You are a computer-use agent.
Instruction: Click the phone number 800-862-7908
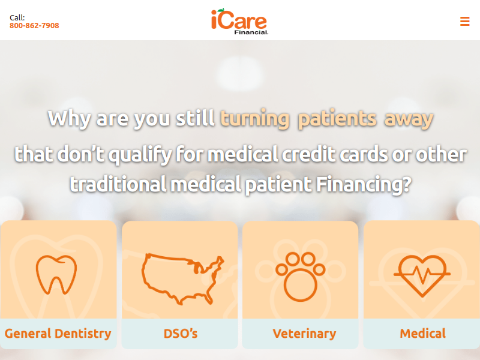coord(34,25)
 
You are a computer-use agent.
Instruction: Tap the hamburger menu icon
coord(464,22)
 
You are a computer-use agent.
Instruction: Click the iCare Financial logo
coord(239,22)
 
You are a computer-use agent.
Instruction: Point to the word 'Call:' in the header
coord(17,17)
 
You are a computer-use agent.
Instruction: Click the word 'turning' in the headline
coord(254,119)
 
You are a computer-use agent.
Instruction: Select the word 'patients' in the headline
coord(337,119)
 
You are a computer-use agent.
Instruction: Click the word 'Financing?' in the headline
coord(364,185)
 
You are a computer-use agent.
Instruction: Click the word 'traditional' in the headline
coord(118,184)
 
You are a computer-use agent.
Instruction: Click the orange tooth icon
coord(56,275)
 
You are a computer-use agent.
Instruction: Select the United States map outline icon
coord(183,278)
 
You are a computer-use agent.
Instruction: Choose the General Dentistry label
coord(58,334)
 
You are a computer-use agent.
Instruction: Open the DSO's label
coord(181,334)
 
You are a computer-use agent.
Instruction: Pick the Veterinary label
coord(304,334)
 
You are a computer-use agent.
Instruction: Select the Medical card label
coord(423,334)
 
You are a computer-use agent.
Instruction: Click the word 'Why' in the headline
coord(70,119)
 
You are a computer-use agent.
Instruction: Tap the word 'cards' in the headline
coord(364,154)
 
